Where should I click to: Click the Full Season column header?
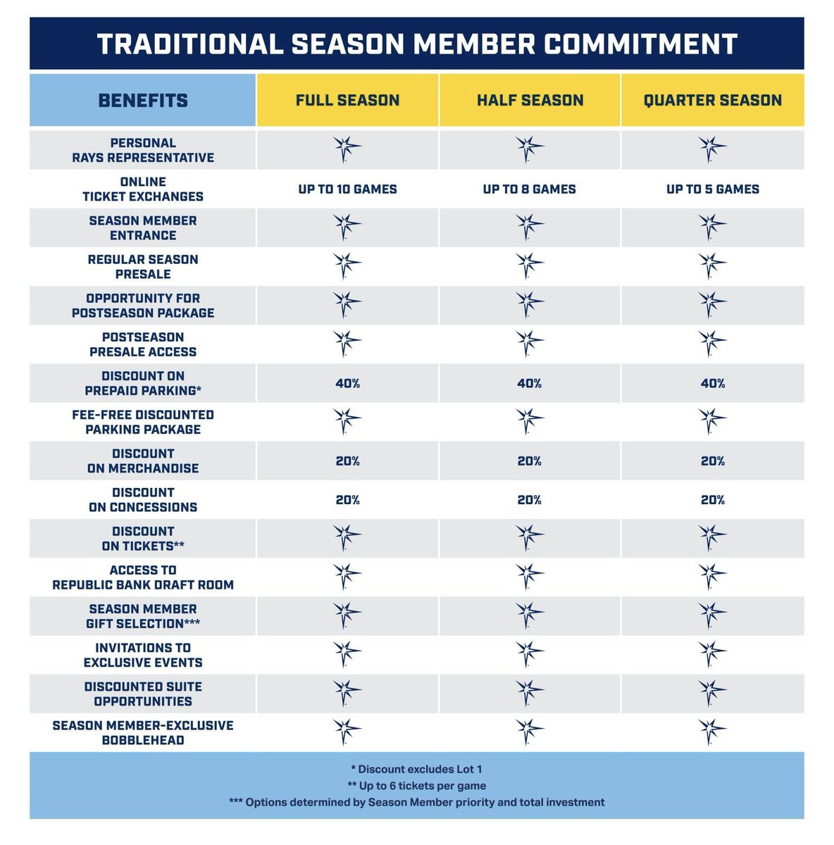(347, 100)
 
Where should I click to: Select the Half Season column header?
(530, 100)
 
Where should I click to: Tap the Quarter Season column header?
(712, 100)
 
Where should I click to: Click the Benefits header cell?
(143, 100)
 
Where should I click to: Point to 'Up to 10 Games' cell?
(347, 189)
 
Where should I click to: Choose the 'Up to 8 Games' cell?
(530, 189)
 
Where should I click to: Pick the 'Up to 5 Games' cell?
(712, 189)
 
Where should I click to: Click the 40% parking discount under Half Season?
(530, 383)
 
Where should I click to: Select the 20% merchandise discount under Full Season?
(347, 461)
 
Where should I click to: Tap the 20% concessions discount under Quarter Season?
(712, 499)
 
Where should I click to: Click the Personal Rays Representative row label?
(143, 150)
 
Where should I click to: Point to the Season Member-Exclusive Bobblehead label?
(143, 732)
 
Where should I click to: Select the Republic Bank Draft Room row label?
(143, 577)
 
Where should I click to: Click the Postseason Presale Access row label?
(143, 344)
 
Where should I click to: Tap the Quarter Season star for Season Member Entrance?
(711, 227)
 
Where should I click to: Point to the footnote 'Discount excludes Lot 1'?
(416, 769)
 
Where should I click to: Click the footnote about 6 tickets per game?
(416, 785)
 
